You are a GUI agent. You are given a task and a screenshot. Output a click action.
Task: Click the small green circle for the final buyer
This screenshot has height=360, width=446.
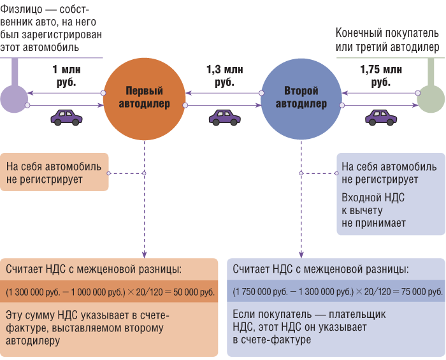click(431, 99)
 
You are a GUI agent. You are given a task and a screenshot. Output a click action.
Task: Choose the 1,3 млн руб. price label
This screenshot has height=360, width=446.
click(224, 76)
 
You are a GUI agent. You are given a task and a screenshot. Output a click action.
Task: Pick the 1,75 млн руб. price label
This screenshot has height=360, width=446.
click(380, 76)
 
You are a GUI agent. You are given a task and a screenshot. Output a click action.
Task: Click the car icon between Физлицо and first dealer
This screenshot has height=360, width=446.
click(66, 117)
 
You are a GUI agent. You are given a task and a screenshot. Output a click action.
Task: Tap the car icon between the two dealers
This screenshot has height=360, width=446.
click(224, 117)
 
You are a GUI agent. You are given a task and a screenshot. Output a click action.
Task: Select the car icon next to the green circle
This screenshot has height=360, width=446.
click(380, 117)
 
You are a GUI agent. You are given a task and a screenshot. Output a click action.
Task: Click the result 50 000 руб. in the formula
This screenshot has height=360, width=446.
click(191, 292)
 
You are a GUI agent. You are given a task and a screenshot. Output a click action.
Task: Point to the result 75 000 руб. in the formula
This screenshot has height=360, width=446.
click(417, 292)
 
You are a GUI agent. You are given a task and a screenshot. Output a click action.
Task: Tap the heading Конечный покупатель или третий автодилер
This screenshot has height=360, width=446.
click(387, 40)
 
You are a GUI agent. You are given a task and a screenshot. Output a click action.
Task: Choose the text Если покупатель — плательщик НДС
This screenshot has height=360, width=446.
click(309, 327)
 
